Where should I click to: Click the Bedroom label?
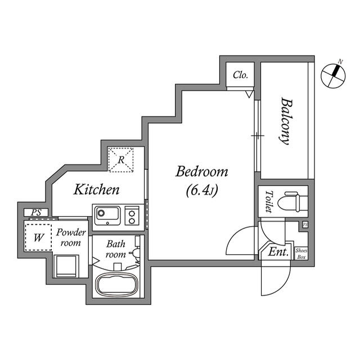coord(202,172)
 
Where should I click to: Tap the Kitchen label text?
coord(96,190)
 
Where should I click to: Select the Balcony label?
coord(285,121)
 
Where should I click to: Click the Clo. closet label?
coord(240,75)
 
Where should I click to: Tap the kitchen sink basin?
coord(107,215)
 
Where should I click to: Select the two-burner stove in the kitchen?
coord(132,215)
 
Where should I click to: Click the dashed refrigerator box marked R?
coord(121,160)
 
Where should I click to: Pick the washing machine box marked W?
coord(38,237)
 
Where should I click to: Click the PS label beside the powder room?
coord(36,213)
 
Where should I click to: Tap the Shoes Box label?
coord(301,254)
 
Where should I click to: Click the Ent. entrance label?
coord(278,252)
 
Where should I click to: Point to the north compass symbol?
coord(333,75)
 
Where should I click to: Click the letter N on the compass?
coord(340,61)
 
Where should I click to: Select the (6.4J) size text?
coord(201,190)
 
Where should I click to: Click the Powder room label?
coord(71,237)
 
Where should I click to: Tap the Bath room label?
coord(116,249)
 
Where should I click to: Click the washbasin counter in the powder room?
coord(66,266)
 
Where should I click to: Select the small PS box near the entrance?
coord(305,224)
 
